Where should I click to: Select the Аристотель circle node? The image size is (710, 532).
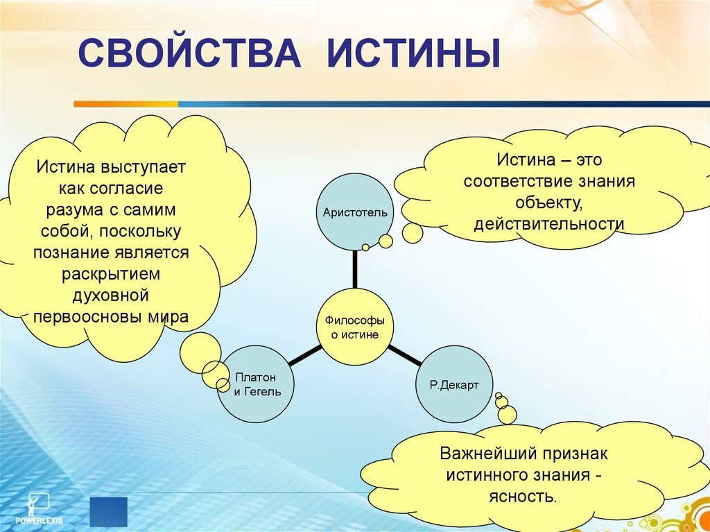point(355,212)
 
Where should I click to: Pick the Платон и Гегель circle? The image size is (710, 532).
point(255,384)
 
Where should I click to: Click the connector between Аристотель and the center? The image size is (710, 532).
point(355,269)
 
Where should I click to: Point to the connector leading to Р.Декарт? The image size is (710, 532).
point(404,355)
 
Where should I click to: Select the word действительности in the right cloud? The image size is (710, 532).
point(549,225)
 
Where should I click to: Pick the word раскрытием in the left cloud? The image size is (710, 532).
point(110,275)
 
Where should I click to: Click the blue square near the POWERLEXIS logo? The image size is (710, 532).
point(109,511)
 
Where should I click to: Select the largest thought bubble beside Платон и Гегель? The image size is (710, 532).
point(200,352)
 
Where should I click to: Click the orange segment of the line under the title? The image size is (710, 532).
point(125,104)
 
